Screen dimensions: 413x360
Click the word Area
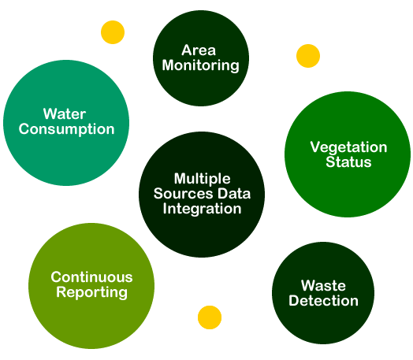point(199,50)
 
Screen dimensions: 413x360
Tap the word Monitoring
point(201,65)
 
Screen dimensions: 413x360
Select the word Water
point(65,114)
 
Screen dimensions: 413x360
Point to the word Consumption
point(67,129)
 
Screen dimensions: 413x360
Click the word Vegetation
point(348,147)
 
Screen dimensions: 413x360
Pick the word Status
point(348,161)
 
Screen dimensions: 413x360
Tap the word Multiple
point(203,179)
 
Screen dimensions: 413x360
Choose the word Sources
point(183,194)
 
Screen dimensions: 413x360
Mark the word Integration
point(202,209)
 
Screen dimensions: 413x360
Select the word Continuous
point(91,277)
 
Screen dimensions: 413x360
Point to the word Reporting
point(91,292)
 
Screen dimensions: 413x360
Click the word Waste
point(323,285)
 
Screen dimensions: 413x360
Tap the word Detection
point(323,301)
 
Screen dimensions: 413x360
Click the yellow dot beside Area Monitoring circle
point(113,32)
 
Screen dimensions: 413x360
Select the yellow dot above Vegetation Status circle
point(308,56)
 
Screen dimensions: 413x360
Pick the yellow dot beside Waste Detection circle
point(210,317)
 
